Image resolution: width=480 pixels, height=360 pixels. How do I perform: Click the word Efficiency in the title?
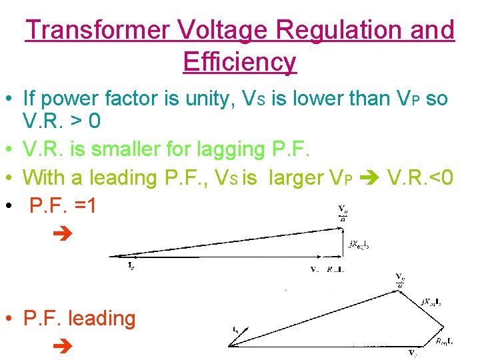[x=239, y=62]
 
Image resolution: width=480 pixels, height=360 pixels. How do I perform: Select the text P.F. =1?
[x=63, y=206]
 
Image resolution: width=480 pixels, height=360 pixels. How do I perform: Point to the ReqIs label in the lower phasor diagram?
[x=446, y=341]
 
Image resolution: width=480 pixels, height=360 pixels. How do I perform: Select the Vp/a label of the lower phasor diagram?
[x=399, y=281]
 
